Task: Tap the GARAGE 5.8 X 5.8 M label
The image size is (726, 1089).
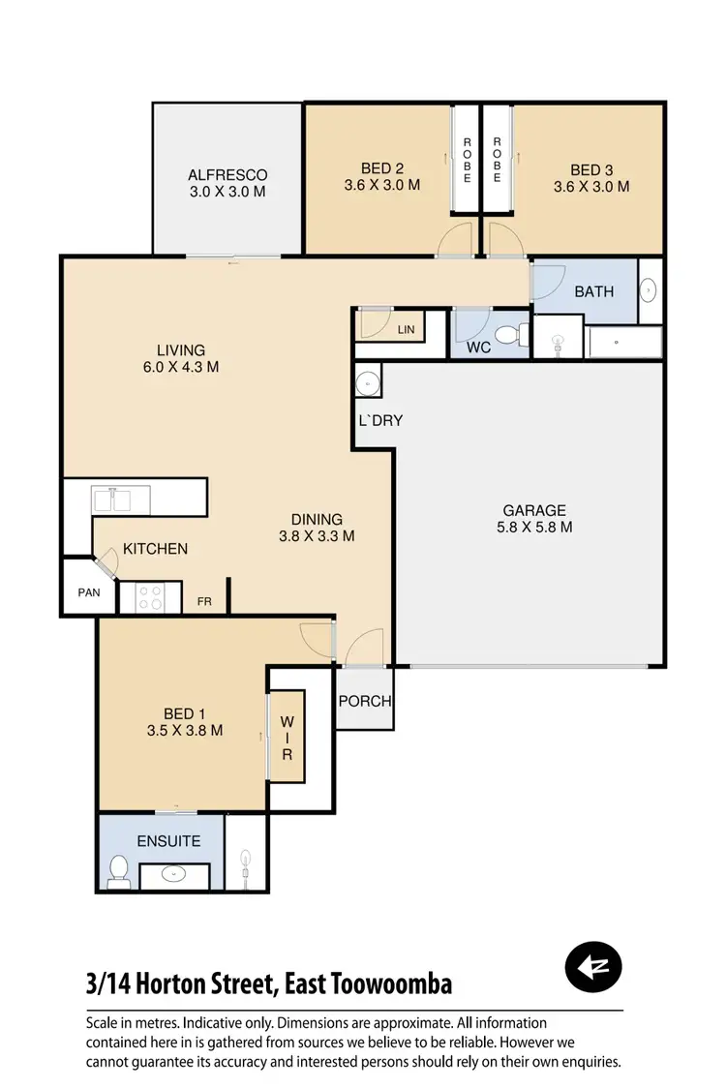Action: (x=533, y=519)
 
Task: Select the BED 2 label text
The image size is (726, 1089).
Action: (x=381, y=175)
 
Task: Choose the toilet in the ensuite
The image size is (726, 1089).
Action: (x=119, y=871)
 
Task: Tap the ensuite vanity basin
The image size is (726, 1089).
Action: (x=175, y=875)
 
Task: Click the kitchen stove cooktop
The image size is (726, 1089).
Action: (x=150, y=596)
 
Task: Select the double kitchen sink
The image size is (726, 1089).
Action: (x=121, y=499)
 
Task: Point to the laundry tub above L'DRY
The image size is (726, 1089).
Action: (x=368, y=383)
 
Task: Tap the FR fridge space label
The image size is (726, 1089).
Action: (x=204, y=601)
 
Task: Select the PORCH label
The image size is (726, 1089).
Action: (x=365, y=701)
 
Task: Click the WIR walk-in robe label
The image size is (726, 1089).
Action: (x=287, y=738)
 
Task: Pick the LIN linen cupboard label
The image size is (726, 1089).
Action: (x=406, y=330)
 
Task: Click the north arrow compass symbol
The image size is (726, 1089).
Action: (x=593, y=965)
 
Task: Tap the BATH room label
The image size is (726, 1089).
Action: (x=593, y=290)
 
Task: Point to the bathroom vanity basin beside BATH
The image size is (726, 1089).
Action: (x=649, y=289)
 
